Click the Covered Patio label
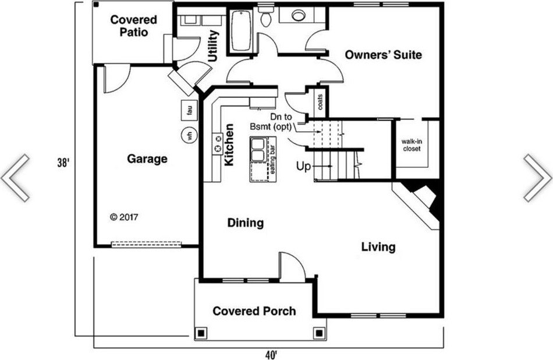[133, 26]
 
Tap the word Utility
[214, 46]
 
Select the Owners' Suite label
[383, 55]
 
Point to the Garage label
[147, 159]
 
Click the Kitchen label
[229, 144]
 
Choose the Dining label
[246, 223]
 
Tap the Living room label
[378, 247]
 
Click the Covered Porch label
[254, 311]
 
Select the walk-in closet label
[412, 145]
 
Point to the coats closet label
[320, 102]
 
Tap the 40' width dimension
[271, 354]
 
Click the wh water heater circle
[189, 135]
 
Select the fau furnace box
[189, 111]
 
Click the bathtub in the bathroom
[242, 31]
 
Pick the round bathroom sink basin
[299, 15]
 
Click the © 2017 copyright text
[124, 217]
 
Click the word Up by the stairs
[304, 166]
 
